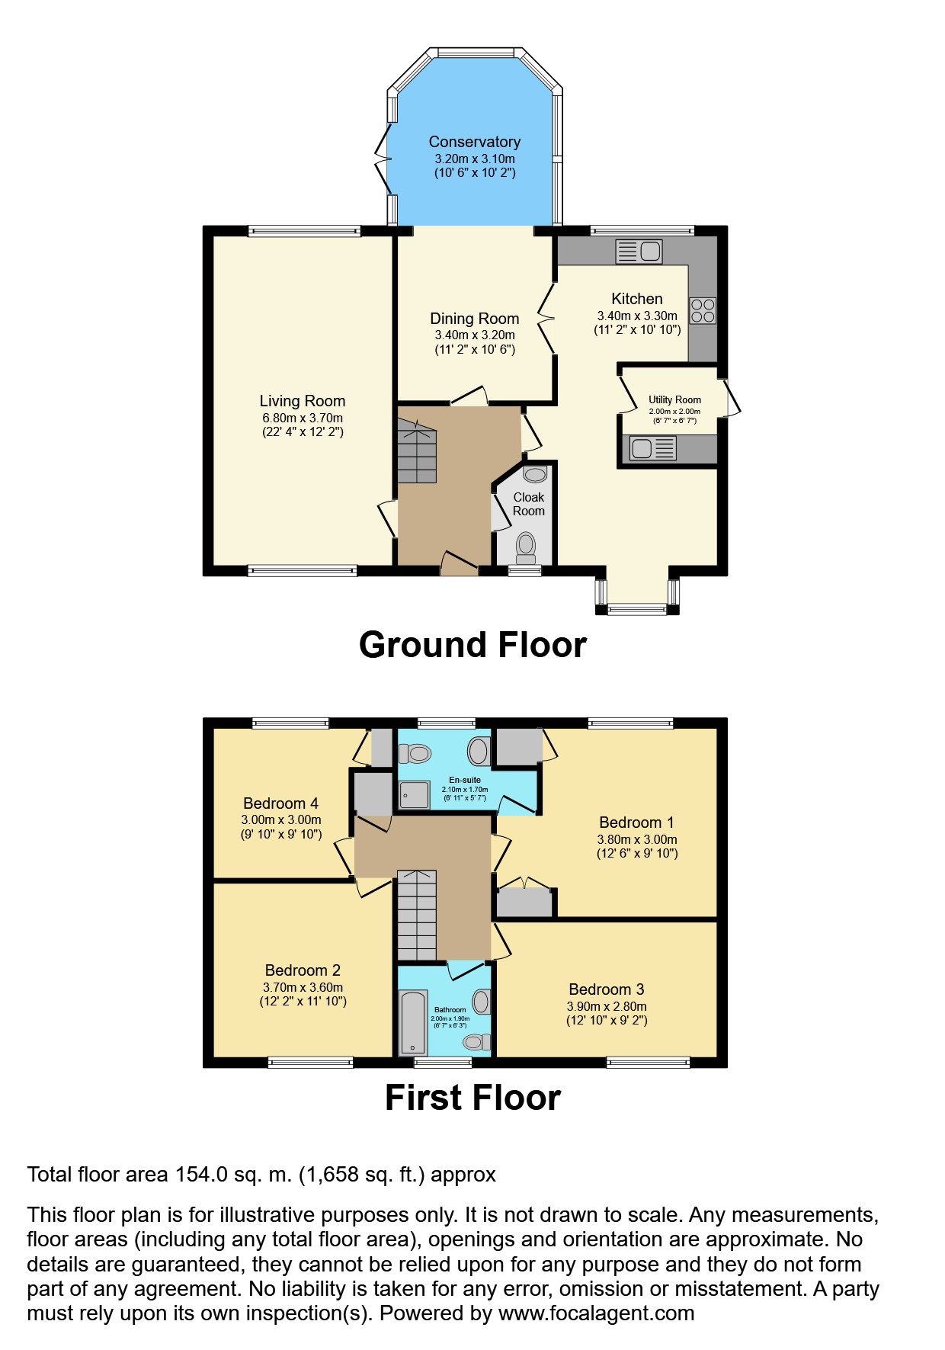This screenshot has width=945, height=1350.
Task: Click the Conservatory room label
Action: pos(474,142)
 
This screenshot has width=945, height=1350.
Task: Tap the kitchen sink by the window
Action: pos(639,251)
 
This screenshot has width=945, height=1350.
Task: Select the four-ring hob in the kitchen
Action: pos(703,310)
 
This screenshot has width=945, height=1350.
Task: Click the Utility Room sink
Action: pos(652,448)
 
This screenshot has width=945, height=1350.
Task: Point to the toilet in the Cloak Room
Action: pos(526,547)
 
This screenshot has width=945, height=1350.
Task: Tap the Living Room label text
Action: pos(302,401)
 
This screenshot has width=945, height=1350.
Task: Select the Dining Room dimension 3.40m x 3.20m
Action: pos(474,335)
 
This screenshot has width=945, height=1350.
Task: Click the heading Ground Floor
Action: pos(472,645)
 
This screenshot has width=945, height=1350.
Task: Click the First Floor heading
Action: pos(472,1098)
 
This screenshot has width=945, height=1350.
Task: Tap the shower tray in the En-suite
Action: pos(414,795)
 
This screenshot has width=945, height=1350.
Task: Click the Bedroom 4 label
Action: pos(280,803)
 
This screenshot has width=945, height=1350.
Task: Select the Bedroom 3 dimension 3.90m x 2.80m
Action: pos(607,1006)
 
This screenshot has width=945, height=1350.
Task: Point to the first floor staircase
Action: pos(416,915)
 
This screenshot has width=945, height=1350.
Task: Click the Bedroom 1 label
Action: pos(636,823)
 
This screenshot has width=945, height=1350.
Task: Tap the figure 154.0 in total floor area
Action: pos(201,1175)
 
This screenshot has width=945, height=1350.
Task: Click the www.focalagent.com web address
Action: pos(596,1313)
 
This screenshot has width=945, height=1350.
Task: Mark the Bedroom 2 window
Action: pos(310,1061)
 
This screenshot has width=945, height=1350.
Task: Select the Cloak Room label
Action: pos(528,504)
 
